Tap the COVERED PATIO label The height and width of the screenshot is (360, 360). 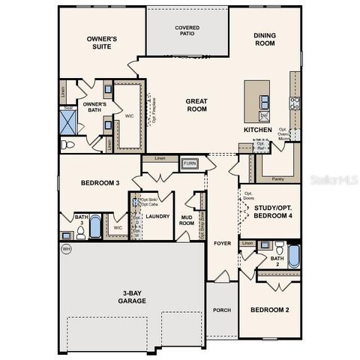pyautogui.click(x=187, y=31)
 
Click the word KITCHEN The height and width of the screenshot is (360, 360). pyautogui.click(x=257, y=130)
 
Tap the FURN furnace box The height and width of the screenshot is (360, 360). pyautogui.click(x=190, y=163)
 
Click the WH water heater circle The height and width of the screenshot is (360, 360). pyautogui.click(x=66, y=248)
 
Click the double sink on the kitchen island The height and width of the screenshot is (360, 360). pyautogui.click(x=264, y=115)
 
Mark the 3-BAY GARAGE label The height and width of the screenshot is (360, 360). pyautogui.click(x=131, y=296)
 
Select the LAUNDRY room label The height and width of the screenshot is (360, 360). pyautogui.click(x=157, y=216)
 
